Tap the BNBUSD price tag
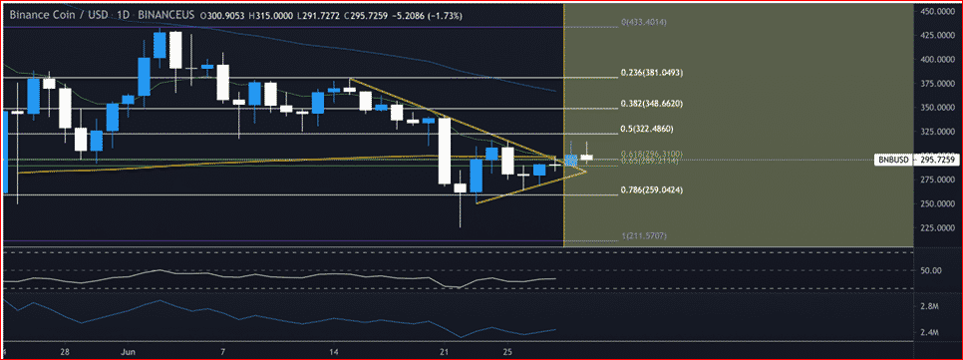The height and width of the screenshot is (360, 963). click(x=890, y=160)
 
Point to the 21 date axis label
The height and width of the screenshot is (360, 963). click(x=445, y=352)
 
